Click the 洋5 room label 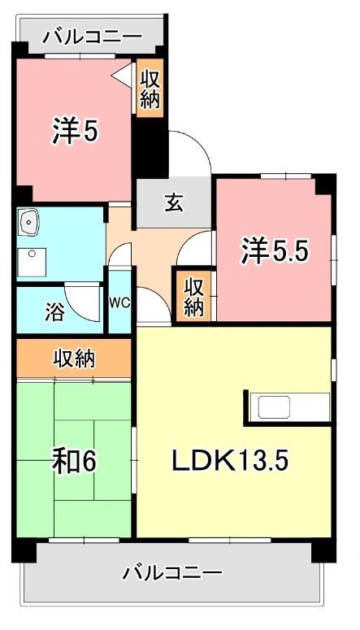click(76, 131)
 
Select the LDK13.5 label click(230, 461)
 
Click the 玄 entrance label click(175, 202)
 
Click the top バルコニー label click(93, 37)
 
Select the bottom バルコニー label click(172, 573)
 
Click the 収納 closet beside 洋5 click(150, 89)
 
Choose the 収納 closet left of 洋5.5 click(193, 297)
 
